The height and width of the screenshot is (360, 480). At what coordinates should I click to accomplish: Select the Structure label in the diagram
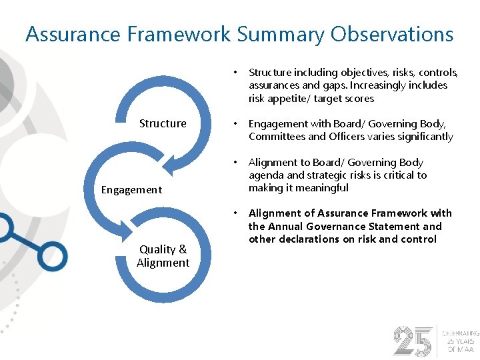pos(163,123)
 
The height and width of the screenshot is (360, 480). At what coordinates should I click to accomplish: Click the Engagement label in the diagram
pos(131,190)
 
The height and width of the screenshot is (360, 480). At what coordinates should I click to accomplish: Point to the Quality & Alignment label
pos(163,256)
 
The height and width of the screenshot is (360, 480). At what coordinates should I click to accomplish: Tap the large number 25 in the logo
pos(412,341)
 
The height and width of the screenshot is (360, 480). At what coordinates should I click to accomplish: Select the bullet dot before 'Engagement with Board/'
pos(234,124)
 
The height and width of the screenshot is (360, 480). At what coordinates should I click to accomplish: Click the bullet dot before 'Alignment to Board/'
pos(234,163)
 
